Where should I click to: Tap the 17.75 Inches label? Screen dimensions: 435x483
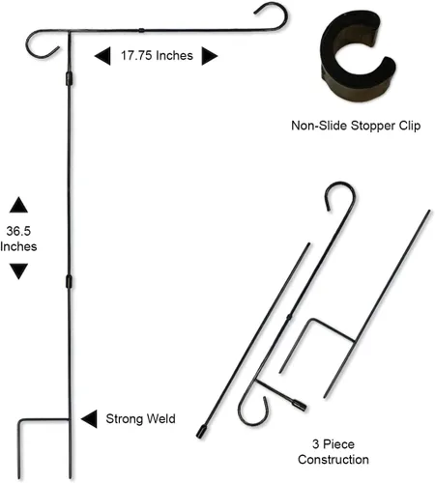[157, 56]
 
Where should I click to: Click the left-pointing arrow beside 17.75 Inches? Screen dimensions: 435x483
[102, 56]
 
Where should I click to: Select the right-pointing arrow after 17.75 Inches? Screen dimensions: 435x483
[210, 56]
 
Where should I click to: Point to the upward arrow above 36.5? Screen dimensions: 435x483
[18, 205]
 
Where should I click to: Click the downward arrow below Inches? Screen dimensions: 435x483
[18, 271]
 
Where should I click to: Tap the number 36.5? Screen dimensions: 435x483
[18, 231]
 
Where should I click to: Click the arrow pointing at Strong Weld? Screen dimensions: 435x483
[89, 419]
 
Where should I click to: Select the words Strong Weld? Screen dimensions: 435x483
[141, 419]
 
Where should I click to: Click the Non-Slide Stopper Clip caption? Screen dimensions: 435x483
[356, 126]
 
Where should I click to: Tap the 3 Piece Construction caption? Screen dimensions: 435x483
[333, 452]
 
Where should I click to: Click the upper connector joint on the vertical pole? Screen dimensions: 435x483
[69, 79]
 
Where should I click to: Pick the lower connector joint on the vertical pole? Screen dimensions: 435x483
[69, 282]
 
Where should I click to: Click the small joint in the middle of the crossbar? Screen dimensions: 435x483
[141, 31]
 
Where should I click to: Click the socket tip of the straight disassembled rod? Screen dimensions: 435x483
[202, 432]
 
